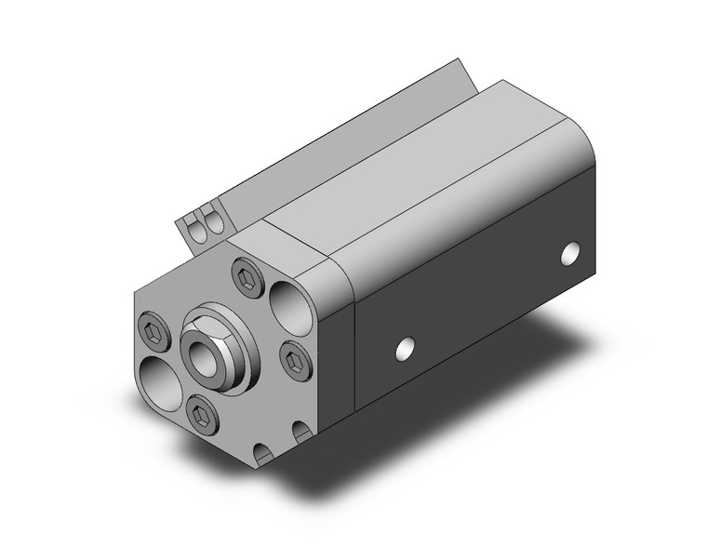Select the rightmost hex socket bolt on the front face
(x=293, y=357)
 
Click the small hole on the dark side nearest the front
(x=404, y=348)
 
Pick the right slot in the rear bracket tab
(x=215, y=222)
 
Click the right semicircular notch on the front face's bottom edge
(x=301, y=433)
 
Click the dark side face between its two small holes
(x=484, y=298)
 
